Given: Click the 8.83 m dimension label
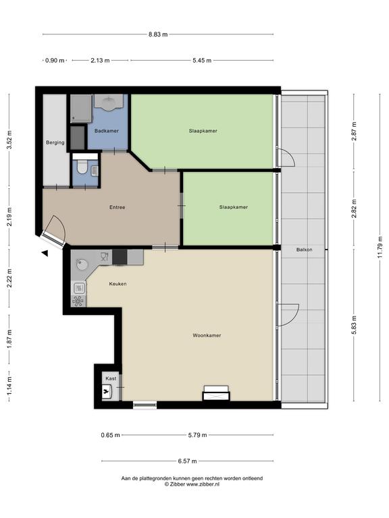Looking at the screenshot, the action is tap(158, 34).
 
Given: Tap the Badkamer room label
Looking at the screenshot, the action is tap(107, 131).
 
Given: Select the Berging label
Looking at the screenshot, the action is tap(55, 143).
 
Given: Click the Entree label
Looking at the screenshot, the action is tap(118, 208).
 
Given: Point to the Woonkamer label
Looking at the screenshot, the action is tap(207, 335).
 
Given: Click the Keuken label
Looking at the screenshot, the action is tap(118, 284).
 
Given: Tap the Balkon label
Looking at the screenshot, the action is tap(305, 250).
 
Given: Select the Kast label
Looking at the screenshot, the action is tap(111, 378).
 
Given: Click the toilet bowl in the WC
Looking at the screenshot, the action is tap(81, 168).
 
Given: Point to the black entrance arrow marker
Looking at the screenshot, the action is tap(45, 254).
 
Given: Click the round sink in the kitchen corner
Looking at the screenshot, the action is tap(82, 264).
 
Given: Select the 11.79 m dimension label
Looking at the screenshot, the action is tap(380, 248).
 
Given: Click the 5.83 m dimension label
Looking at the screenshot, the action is tap(354, 325).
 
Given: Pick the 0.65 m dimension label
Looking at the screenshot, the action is tap(111, 435).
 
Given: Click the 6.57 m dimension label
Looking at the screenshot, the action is tap(188, 461).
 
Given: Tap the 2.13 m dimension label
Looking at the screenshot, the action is tap(100, 61).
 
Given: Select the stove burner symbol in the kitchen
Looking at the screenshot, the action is tap(78, 301).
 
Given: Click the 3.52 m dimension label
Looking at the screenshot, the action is tap(9, 140).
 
